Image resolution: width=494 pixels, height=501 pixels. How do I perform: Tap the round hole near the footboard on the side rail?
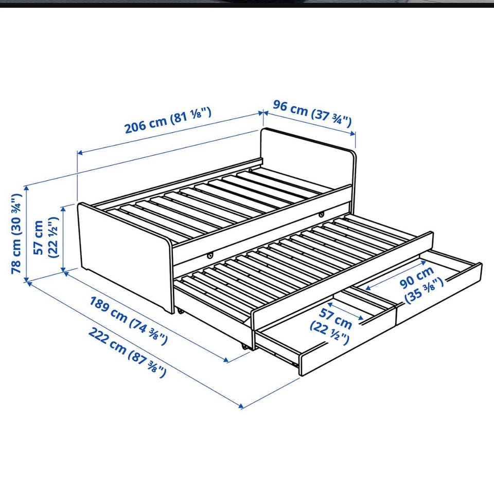pyautogui.click(x=210, y=255)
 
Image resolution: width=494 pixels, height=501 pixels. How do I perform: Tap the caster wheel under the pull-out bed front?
pyautogui.click(x=244, y=347)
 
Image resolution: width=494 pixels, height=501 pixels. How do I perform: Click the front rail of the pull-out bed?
pyautogui.click(x=343, y=282)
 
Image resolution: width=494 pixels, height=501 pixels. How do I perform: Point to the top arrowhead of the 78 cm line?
pyautogui.click(x=27, y=188)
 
